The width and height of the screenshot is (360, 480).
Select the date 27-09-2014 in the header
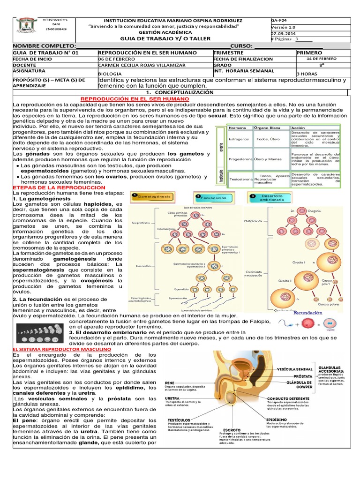[283, 34]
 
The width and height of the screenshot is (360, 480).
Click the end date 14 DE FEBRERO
[322, 59]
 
